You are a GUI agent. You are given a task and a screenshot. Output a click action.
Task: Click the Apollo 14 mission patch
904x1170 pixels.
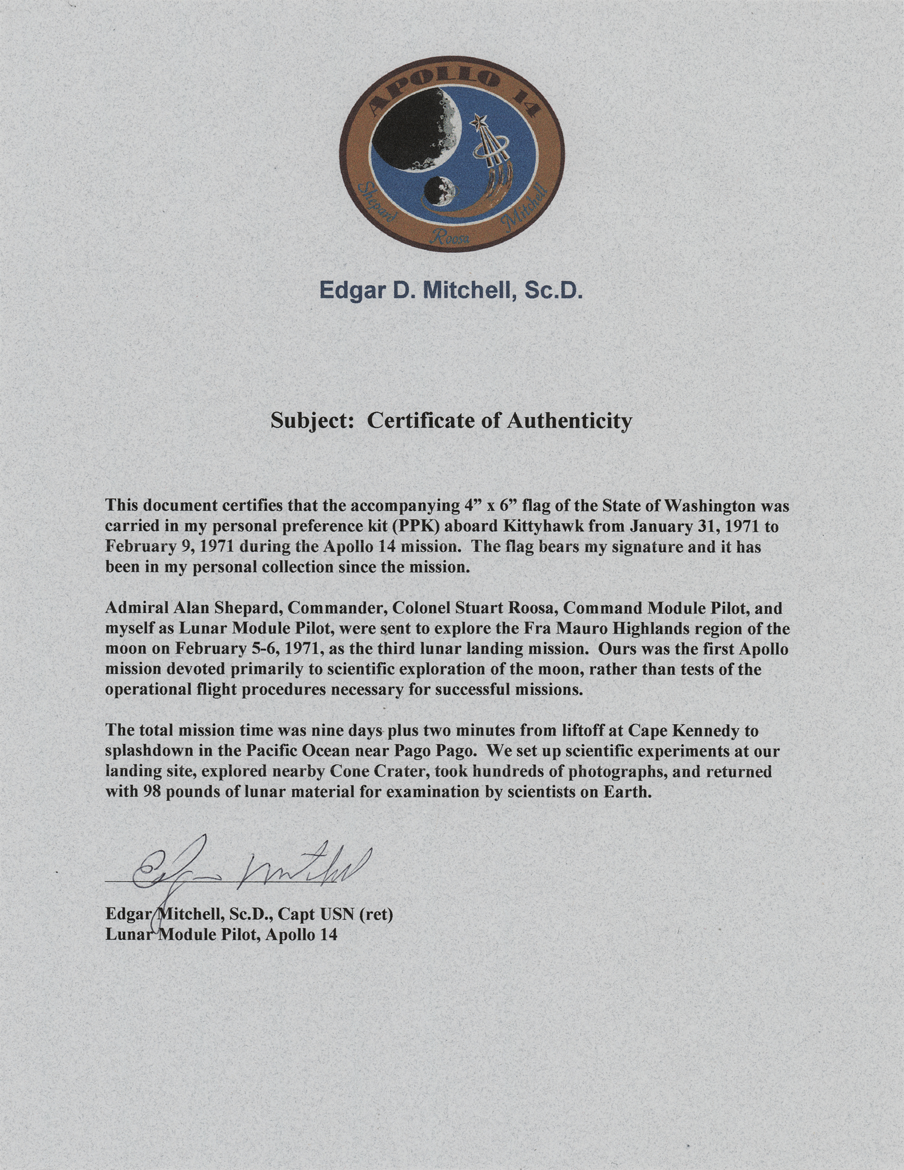pyautogui.click(x=452, y=158)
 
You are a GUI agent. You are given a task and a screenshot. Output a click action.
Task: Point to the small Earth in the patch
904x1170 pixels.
pyautogui.click(x=440, y=191)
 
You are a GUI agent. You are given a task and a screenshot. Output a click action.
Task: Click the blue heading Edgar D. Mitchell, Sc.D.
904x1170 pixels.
pyautogui.click(x=451, y=290)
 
